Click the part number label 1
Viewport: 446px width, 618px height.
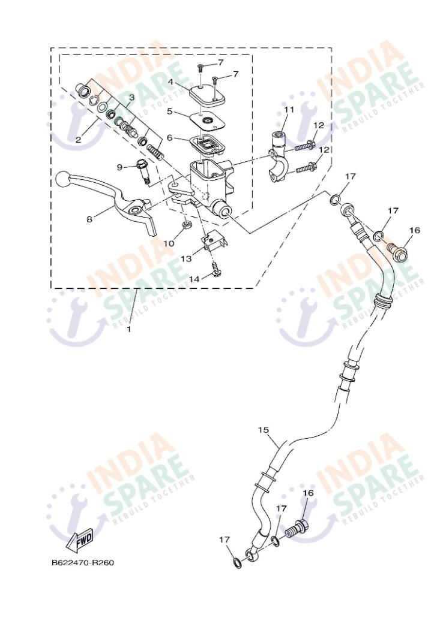pos(128,328)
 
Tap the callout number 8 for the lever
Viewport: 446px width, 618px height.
pos(89,219)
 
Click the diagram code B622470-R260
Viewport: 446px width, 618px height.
pos(83,562)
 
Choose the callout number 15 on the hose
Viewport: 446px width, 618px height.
pos(264,429)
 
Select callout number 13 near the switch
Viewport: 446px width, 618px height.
pos(186,258)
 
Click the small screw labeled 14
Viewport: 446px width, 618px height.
pos(216,270)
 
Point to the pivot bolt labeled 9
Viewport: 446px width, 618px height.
pos(143,171)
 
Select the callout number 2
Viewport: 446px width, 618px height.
pos(78,140)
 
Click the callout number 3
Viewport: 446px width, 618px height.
pos(131,97)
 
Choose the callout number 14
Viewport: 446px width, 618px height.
pos(194,279)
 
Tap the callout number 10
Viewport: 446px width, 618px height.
pos(169,243)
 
